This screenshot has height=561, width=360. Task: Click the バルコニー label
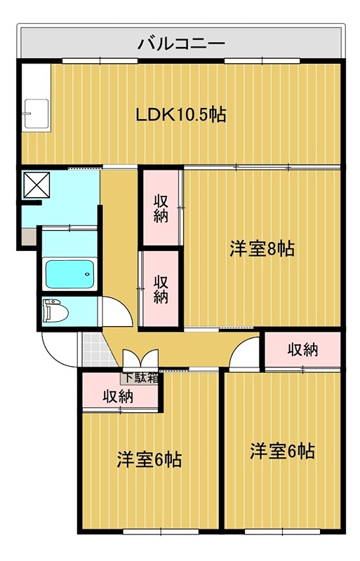[x=180, y=43]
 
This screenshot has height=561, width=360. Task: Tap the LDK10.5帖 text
[x=180, y=114]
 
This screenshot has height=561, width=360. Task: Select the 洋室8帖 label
[x=261, y=248]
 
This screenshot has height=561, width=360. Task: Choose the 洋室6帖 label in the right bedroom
[x=282, y=450]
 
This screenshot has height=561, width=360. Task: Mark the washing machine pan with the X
[x=35, y=185]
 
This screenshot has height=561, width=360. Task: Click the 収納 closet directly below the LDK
[x=161, y=208]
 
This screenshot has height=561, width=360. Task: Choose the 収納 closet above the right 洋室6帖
[x=302, y=349]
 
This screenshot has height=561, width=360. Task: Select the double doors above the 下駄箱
[x=140, y=358]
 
